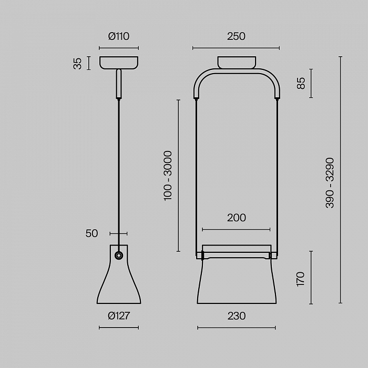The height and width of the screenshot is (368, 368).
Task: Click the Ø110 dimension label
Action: tap(118, 36)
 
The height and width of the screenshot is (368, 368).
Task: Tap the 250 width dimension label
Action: tap(236, 36)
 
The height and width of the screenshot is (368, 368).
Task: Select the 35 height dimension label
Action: tap(77, 64)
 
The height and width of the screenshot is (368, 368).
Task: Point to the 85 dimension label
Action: tap(301, 83)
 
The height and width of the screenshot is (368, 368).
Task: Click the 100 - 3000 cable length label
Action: tap(168, 176)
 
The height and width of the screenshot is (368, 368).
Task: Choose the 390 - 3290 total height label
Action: tap(330, 183)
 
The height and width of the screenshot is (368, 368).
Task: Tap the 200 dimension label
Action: tap(237, 218)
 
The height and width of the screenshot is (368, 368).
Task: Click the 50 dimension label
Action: tap(91, 233)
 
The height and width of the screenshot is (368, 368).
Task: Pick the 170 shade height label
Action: tap(300, 279)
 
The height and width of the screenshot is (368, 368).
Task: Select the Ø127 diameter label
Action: tap(119, 316)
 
